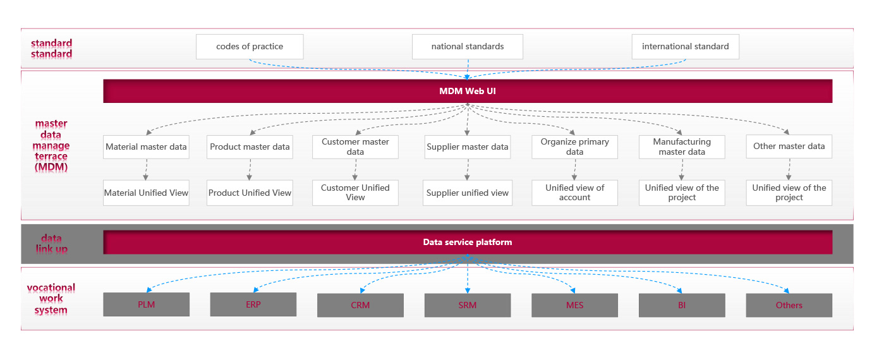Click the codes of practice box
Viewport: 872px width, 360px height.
(x=250, y=47)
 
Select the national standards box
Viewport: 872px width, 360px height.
(x=468, y=47)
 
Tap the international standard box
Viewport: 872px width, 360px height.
(x=685, y=47)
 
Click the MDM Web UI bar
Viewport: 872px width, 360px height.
(x=468, y=91)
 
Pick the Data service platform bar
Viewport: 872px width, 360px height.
(x=468, y=242)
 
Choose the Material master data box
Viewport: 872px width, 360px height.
(x=146, y=147)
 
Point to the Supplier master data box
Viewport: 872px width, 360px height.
(x=468, y=147)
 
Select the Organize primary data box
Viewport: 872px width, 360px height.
(x=574, y=147)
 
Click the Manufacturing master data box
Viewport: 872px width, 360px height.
(x=682, y=147)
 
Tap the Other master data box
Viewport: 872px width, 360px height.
(x=789, y=147)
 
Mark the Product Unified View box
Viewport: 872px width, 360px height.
(x=250, y=193)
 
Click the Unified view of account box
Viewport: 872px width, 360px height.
(x=574, y=193)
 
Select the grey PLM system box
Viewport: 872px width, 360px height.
(x=146, y=304)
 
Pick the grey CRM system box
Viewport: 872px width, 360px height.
(x=360, y=305)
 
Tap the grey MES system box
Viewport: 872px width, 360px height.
(x=574, y=305)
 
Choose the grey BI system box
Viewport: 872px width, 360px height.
(x=682, y=305)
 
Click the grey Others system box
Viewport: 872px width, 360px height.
(x=789, y=305)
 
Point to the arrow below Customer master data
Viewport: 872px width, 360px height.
(x=355, y=169)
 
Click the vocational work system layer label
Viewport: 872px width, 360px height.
(x=51, y=299)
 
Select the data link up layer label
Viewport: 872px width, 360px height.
(x=51, y=243)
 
